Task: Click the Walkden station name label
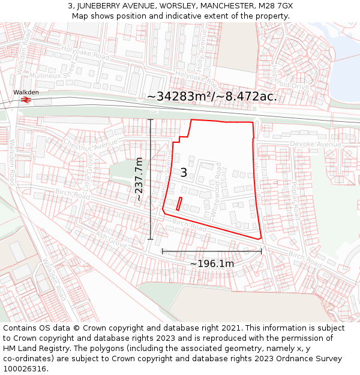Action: click(x=26, y=92)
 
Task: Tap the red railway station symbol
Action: click(x=25, y=100)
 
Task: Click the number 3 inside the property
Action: click(x=184, y=173)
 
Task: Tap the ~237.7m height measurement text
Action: click(x=139, y=179)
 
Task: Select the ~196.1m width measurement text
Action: click(x=212, y=263)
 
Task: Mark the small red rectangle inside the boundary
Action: click(x=179, y=204)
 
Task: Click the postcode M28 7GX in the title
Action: click(x=274, y=6)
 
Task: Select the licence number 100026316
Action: click(x=25, y=368)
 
